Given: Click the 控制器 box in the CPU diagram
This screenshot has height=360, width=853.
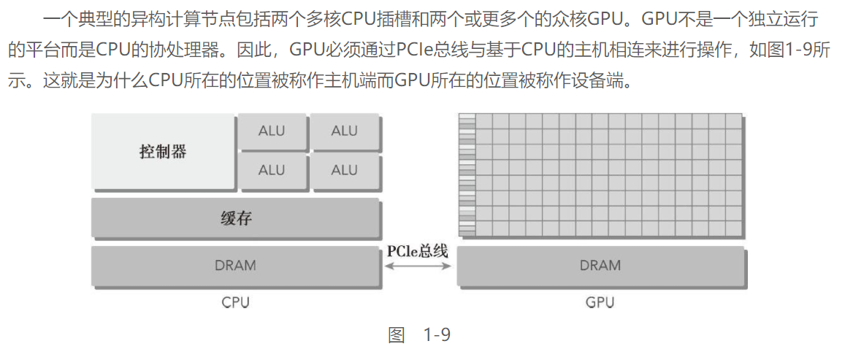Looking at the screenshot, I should (163, 152).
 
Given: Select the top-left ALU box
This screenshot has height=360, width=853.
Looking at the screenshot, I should (272, 131).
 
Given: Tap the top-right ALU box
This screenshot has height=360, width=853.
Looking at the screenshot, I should (344, 131).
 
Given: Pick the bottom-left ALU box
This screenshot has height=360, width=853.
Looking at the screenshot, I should (272, 170).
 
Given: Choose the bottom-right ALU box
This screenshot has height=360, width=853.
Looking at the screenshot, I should (344, 170).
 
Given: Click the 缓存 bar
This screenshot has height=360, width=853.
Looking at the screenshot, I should (235, 218).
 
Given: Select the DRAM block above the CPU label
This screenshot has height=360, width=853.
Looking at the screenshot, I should (235, 266).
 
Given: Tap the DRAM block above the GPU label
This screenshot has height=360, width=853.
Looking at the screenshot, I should (600, 266).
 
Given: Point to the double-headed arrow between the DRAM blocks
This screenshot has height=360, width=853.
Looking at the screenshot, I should (418, 267).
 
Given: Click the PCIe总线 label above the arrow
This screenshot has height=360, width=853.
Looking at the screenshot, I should (417, 251).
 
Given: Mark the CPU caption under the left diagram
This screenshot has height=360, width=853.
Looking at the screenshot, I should (235, 302).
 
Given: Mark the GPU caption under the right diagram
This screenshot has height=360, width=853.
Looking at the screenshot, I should (600, 302).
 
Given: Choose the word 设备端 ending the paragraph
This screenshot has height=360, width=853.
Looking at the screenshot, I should (606, 81).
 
